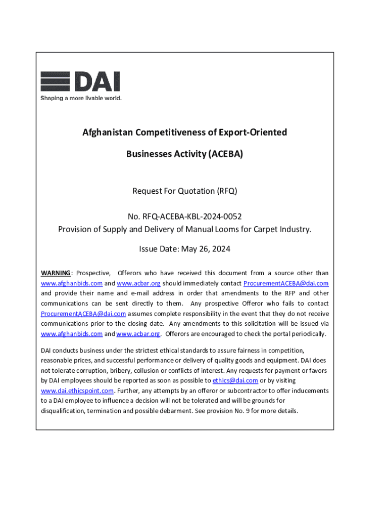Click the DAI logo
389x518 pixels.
pos(80,82)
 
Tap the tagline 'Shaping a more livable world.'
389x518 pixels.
pos(81,98)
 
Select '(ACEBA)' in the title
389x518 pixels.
pos(224,153)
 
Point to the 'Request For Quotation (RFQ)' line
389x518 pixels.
pos(184,191)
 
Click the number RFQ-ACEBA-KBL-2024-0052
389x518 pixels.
pos(196,217)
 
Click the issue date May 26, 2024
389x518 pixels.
pos(206,249)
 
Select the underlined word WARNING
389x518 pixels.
pos(56,273)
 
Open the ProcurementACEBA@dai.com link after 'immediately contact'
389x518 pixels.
pos(286,283)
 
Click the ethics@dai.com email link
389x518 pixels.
pos(235,380)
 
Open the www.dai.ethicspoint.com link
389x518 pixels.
pos(77,391)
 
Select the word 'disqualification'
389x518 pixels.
pos(63,411)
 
